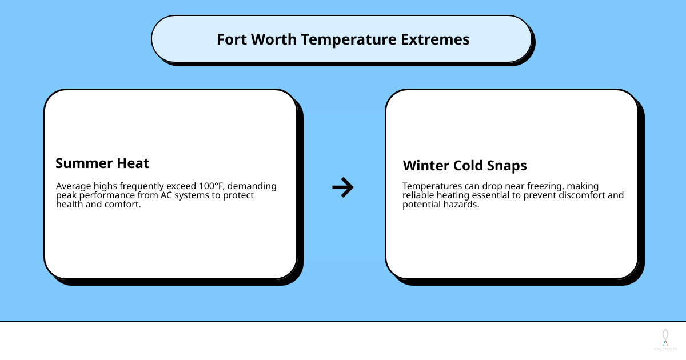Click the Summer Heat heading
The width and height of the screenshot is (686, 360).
click(x=102, y=163)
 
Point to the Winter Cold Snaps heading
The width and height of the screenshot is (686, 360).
click(x=465, y=166)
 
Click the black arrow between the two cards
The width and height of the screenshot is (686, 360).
click(x=343, y=187)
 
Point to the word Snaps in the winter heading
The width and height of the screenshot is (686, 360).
click(x=505, y=166)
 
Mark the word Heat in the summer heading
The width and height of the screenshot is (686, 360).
click(x=132, y=163)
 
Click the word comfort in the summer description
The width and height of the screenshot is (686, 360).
click(x=124, y=205)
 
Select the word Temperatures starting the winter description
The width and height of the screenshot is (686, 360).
click(x=430, y=186)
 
